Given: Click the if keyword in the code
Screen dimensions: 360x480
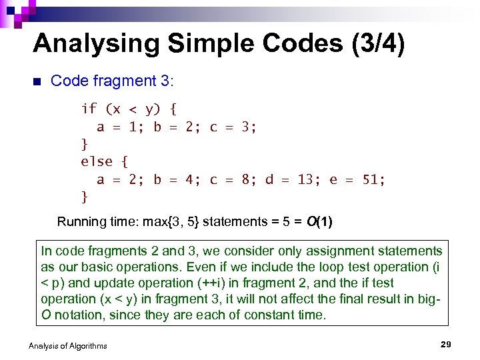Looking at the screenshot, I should coord(89,109).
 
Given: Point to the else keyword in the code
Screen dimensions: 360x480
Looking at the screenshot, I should coord(97,161).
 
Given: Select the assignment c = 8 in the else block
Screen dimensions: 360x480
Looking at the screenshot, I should coord(230,179).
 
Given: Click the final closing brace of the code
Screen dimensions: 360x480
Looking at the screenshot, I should coord(84,197).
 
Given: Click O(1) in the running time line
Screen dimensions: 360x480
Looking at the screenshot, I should coord(319,221).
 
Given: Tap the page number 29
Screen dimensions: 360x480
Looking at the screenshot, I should coord(446,344).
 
